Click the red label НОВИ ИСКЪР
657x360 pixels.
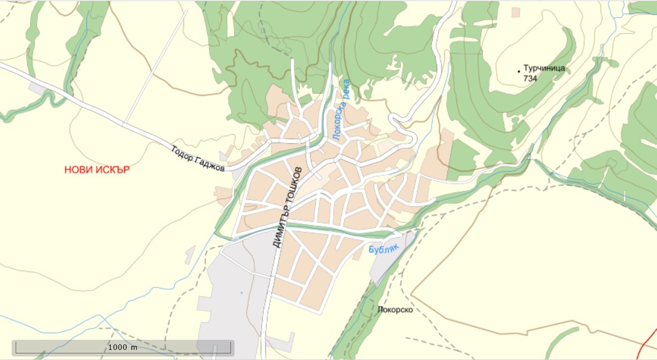[97, 170]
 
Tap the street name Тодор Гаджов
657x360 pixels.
[198, 159]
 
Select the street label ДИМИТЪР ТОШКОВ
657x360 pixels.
[287, 207]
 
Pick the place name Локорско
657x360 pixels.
[395, 309]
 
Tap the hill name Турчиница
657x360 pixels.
[544, 68]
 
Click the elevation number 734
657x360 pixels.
[530, 78]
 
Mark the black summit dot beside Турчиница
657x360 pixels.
[519, 71]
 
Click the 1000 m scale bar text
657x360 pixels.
[123, 347]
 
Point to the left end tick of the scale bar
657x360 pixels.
[16, 347]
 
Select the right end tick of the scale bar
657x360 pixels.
[231, 347]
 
